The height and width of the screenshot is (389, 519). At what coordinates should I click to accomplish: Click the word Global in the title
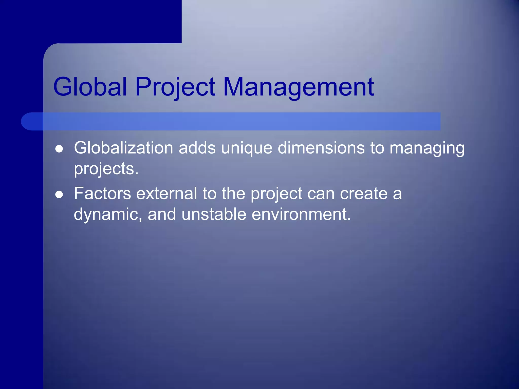(90, 87)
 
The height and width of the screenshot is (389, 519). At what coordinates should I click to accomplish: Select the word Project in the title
(175, 87)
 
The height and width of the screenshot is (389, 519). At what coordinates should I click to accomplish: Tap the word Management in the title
(298, 87)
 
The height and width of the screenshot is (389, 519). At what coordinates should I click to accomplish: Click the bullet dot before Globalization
(59, 149)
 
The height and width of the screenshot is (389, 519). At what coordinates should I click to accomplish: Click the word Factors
(102, 193)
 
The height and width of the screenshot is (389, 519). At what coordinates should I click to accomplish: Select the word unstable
(214, 214)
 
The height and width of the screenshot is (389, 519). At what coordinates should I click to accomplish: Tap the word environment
(301, 214)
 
